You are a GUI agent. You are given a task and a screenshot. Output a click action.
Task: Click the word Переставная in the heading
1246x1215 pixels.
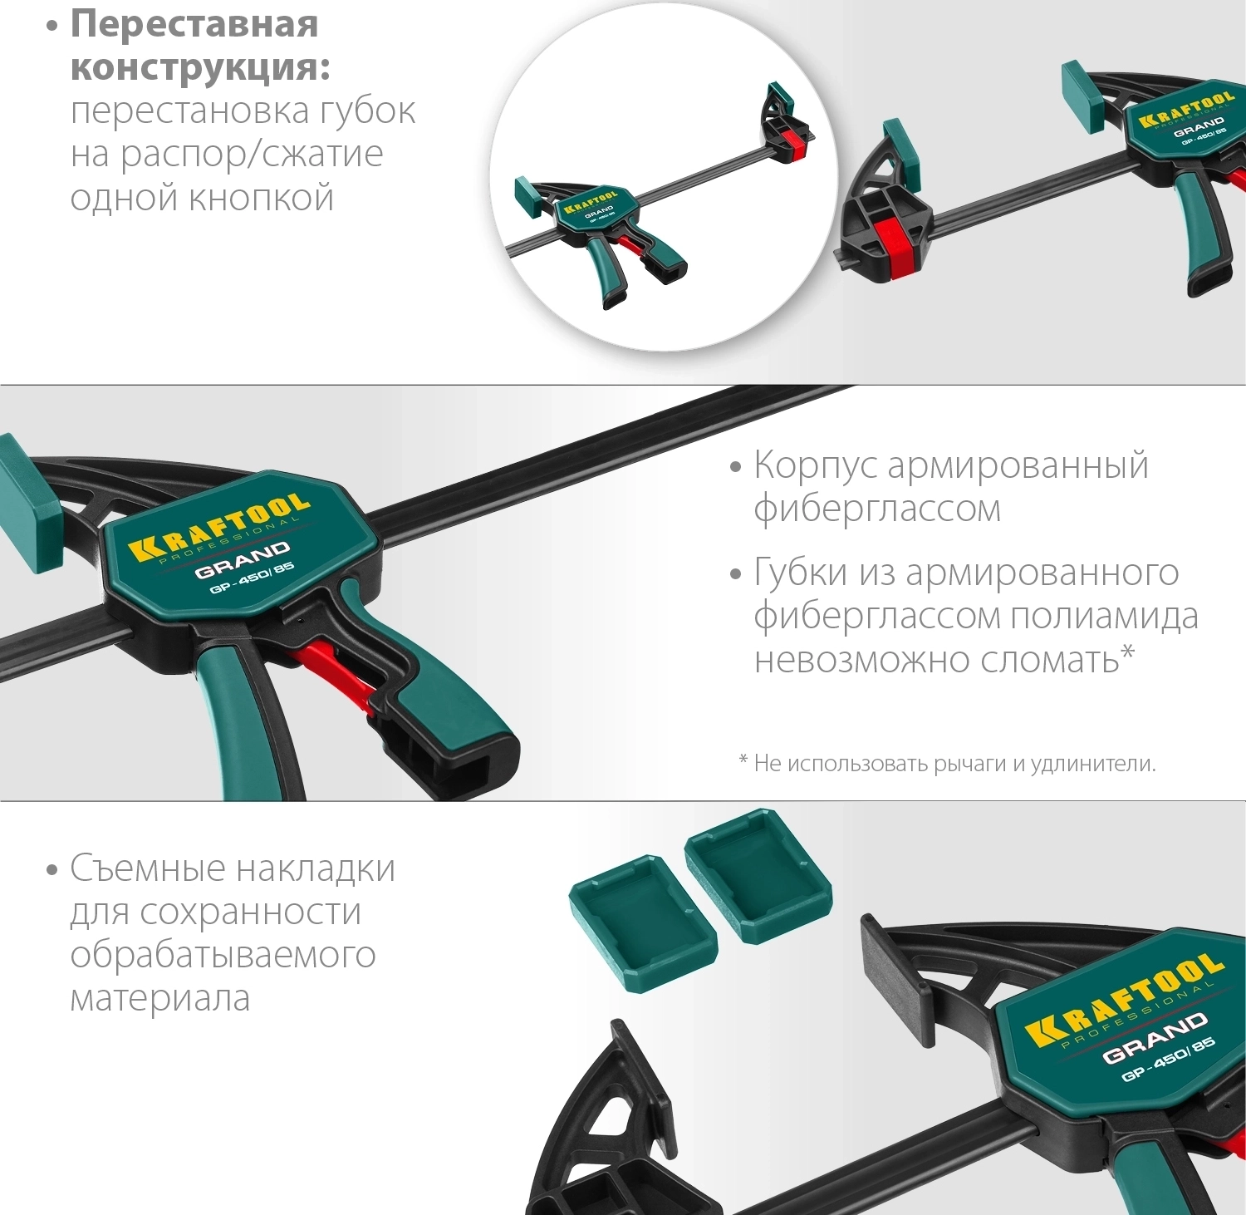coord(194,23)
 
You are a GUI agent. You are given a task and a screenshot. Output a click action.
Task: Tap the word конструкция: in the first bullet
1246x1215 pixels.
coord(200,67)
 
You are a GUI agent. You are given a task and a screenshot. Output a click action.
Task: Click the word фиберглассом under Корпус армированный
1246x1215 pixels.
coord(877,509)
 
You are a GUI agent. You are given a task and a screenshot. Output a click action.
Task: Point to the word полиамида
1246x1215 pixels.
coord(1104,616)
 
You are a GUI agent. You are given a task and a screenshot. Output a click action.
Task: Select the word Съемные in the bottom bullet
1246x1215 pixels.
coord(148,868)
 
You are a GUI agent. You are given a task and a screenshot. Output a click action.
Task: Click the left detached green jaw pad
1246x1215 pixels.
coord(643,922)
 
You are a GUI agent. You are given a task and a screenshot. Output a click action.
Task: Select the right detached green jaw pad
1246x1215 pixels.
coord(758,877)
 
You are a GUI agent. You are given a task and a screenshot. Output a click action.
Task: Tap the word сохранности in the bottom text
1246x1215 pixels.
coord(249,912)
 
